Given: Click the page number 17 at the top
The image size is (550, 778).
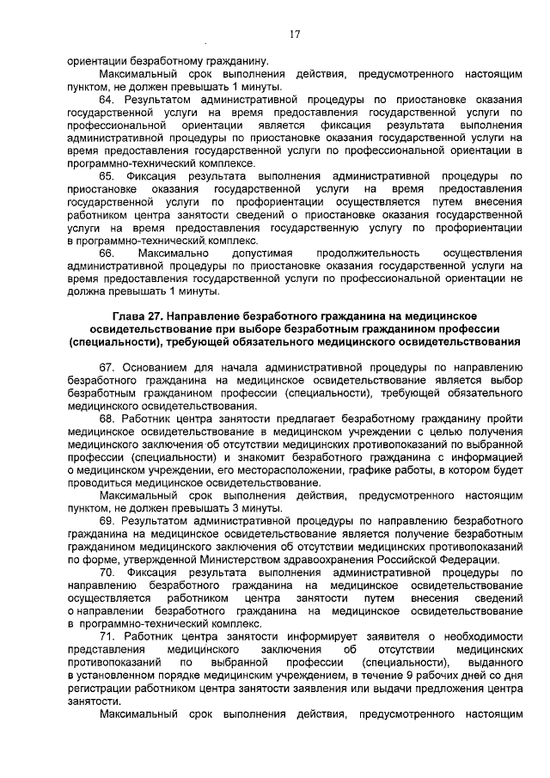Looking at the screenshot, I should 294,34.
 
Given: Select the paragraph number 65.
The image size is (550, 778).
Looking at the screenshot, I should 107,175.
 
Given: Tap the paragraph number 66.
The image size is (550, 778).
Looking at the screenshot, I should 107,254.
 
